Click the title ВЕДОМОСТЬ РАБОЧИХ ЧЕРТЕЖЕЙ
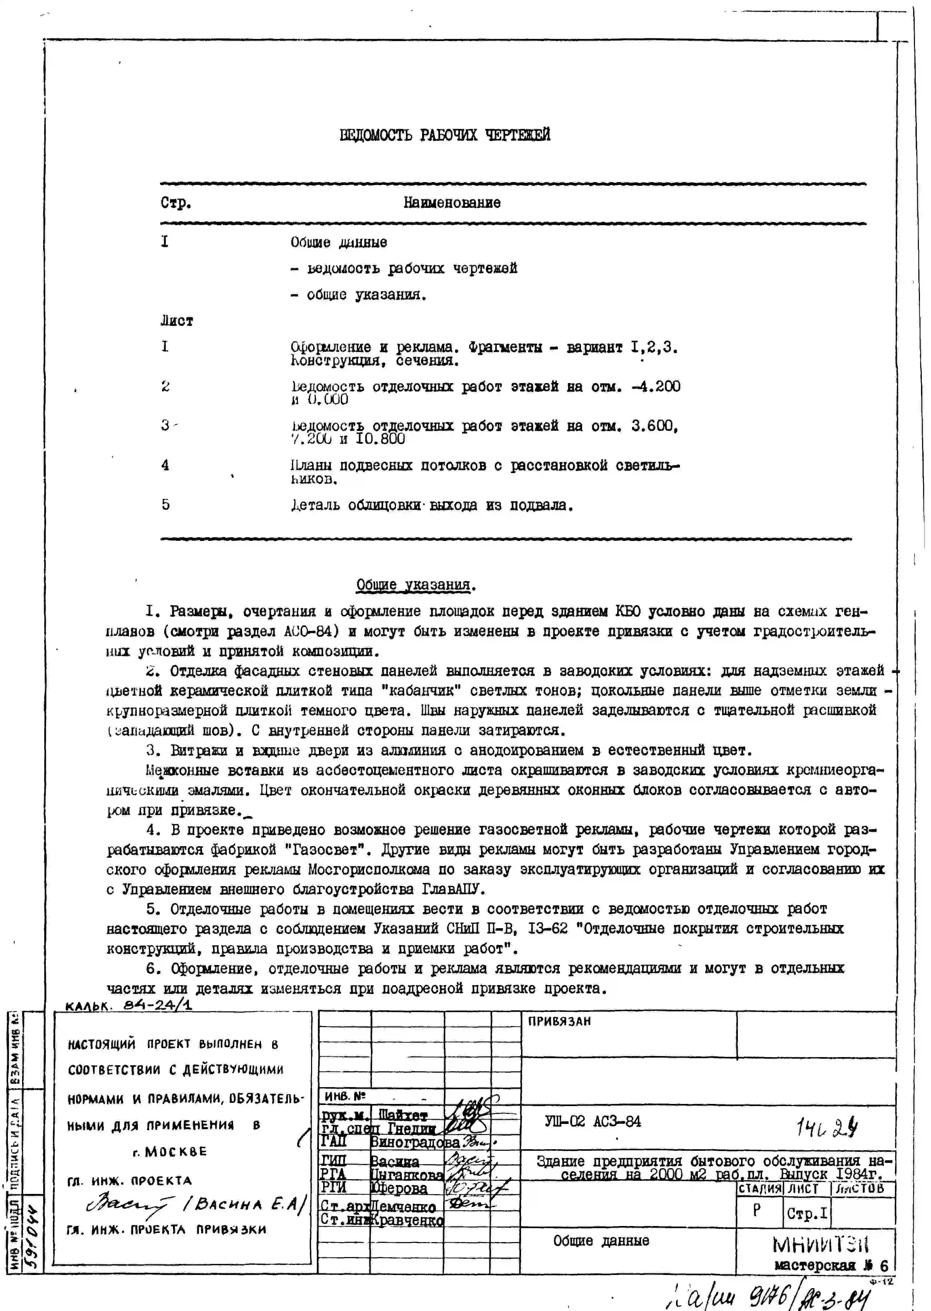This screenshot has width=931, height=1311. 445,135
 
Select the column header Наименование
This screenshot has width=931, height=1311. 452,203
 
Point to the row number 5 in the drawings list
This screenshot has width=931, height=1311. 166,504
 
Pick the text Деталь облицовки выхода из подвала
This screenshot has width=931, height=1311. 432,506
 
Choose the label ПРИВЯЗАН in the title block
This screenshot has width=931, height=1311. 559,1022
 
